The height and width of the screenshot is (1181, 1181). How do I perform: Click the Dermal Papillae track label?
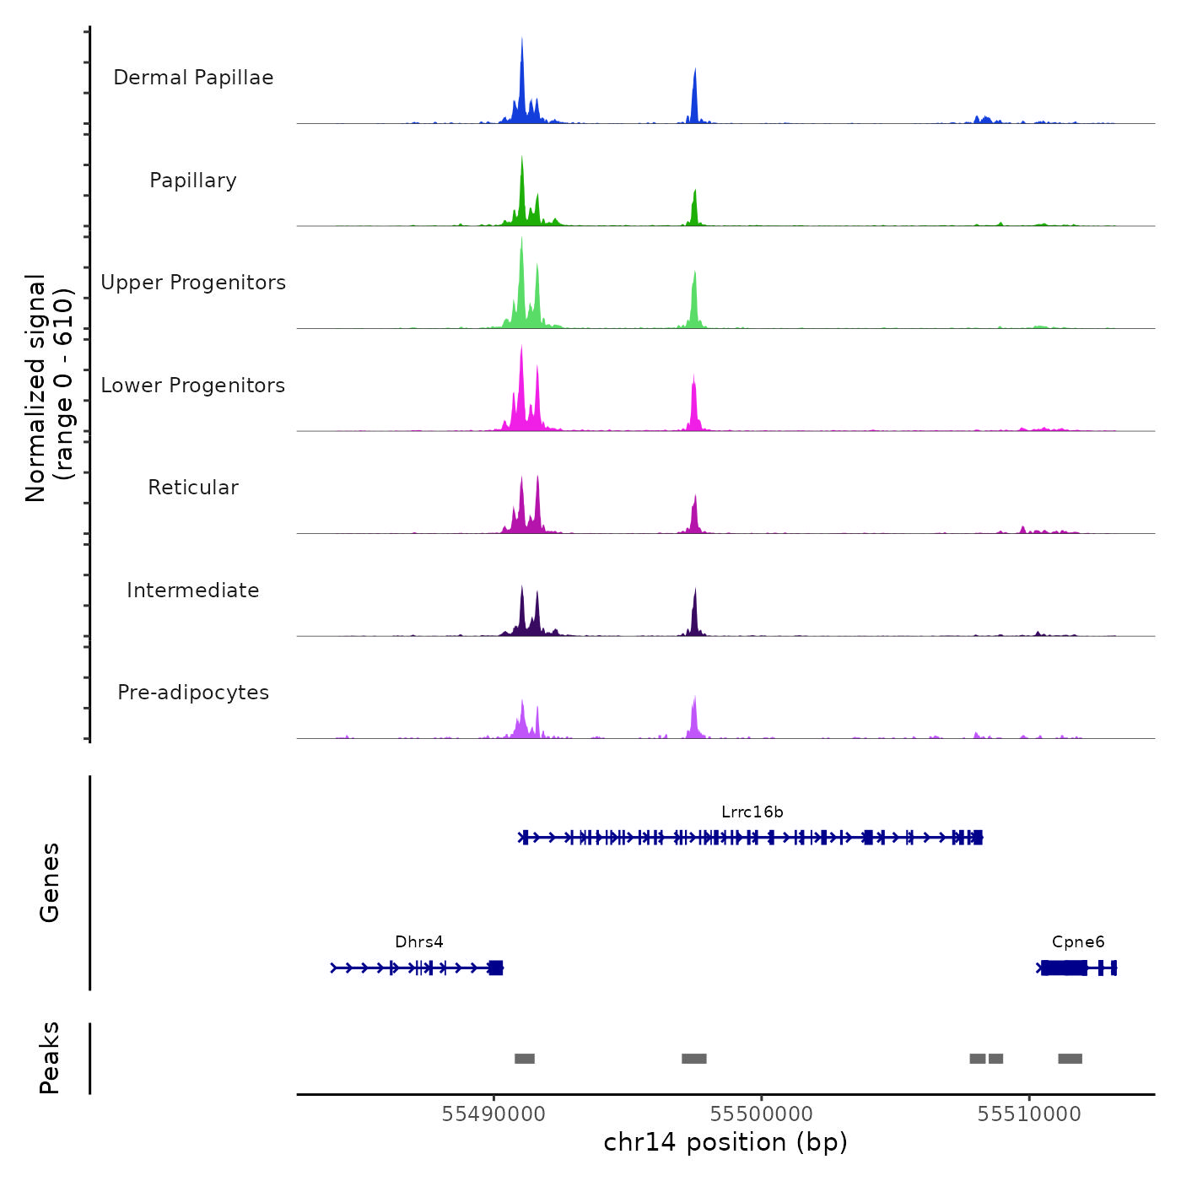(x=193, y=78)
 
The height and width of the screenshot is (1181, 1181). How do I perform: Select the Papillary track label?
(x=193, y=181)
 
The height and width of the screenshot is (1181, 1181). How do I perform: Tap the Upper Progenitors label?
(x=193, y=283)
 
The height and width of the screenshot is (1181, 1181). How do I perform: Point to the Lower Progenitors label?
(x=193, y=386)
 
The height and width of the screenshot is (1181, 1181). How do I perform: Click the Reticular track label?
(x=193, y=488)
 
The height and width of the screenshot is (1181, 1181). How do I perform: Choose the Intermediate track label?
(x=193, y=590)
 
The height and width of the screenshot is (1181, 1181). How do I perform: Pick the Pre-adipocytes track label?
(x=193, y=693)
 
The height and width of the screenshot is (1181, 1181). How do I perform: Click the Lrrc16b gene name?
(x=752, y=812)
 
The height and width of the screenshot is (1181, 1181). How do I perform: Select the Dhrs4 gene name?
(x=419, y=942)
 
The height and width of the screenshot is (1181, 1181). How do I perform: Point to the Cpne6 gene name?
(x=1078, y=942)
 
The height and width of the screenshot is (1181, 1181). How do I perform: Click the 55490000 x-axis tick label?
(x=493, y=1114)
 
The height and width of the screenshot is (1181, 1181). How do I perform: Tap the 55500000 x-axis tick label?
(x=761, y=1114)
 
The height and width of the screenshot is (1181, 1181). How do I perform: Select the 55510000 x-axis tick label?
(x=1028, y=1114)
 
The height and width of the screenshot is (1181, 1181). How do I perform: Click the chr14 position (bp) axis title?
(x=725, y=1142)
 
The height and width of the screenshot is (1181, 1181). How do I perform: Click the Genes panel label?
(x=50, y=882)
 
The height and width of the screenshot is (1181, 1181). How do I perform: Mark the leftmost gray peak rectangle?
(x=525, y=1059)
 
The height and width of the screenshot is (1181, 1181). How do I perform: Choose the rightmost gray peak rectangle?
(x=1070, y=1059)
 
